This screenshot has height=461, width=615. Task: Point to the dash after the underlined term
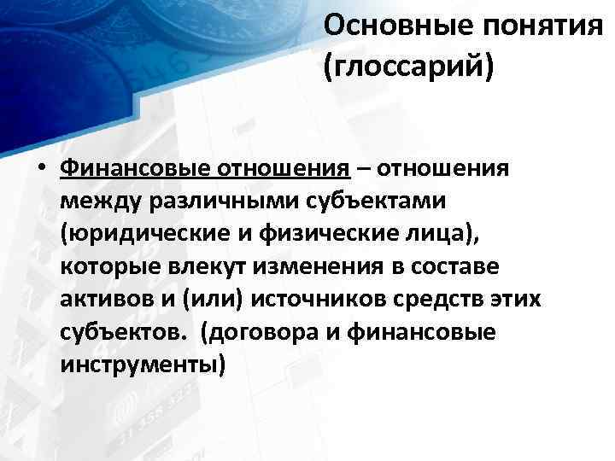(365, 167)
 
